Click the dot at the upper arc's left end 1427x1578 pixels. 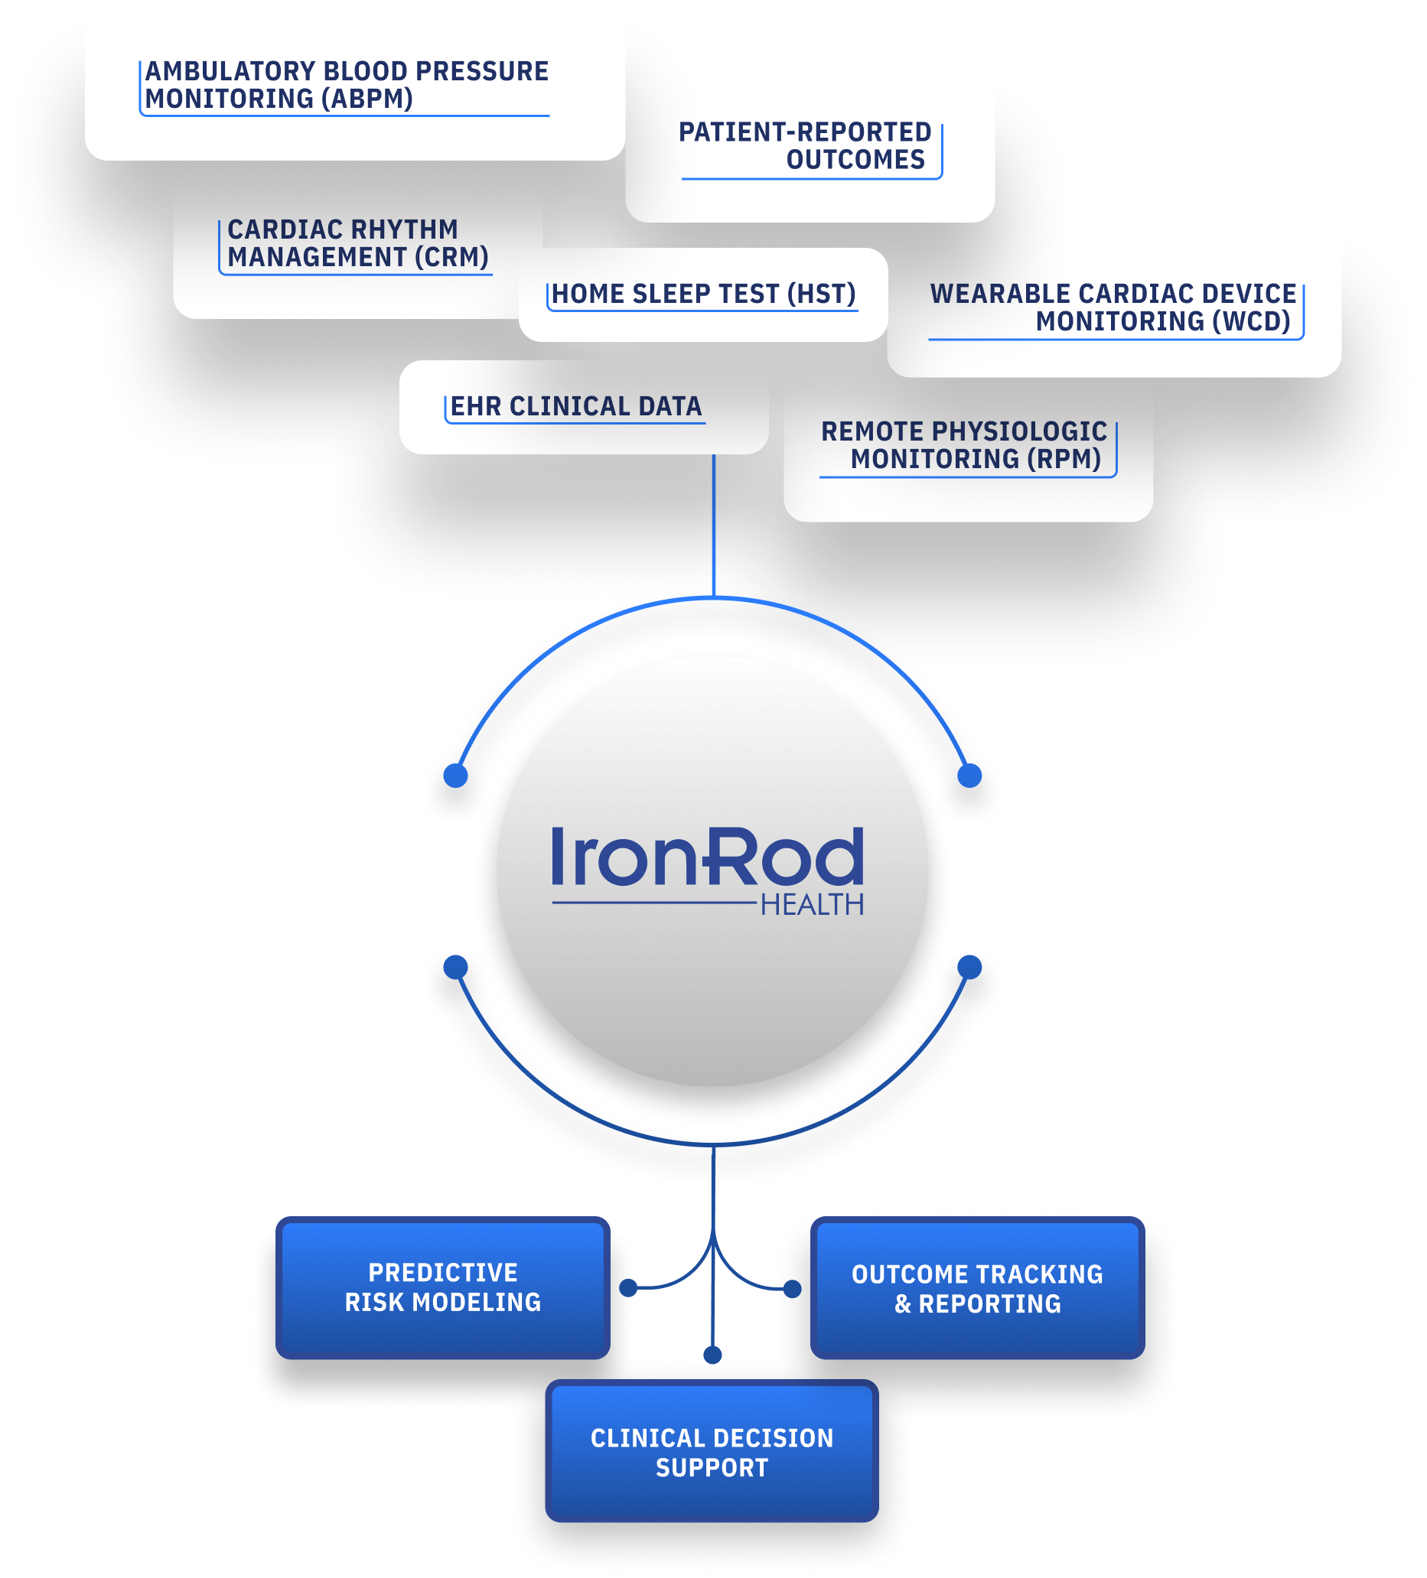(x=454, y=775)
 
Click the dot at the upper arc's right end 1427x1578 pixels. (x=969, y=775)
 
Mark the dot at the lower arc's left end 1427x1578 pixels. (x=454, y=967)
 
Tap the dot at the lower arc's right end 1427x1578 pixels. (x=969, y=967)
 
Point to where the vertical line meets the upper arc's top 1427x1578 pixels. (x=713, y=598)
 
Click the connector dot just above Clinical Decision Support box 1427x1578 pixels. (x=712, y=1355)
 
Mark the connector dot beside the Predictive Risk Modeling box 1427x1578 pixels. (x=627, y=1287)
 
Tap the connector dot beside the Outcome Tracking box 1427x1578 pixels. (x=792, y=1288)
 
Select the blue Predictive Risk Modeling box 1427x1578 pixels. (x=442, y=1287)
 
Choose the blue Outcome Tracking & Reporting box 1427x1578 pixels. (x=977, y=1287)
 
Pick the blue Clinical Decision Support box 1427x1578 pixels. (x=712, y=1450)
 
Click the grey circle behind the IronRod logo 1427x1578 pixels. (x=712, y=870)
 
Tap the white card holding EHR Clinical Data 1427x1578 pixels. (x=583, y=407)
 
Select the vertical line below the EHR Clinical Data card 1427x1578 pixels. (x=713, y=525)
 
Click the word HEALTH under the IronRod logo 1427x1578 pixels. (x=812, y=905)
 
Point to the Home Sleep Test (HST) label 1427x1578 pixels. (x=703, y=294)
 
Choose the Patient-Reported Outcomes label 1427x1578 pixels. (x=805, y=145)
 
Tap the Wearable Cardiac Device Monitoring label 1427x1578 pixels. (x=1113, y=307)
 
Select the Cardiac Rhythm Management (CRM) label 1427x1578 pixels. (x=358, y=243)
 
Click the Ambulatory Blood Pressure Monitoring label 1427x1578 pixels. (x=347, y=85)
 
